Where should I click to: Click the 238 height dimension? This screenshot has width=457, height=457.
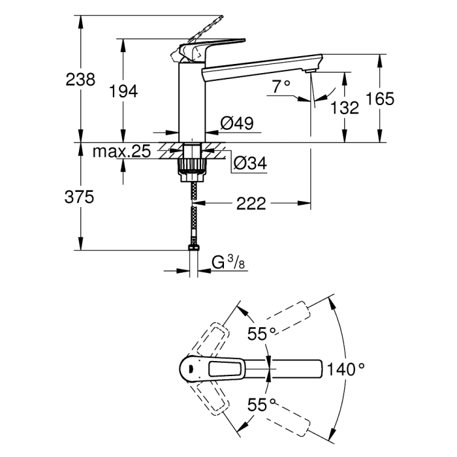click(80, 80)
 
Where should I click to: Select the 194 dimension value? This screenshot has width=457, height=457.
click(123, 91)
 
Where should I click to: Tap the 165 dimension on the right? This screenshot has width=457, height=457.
click(381, 99)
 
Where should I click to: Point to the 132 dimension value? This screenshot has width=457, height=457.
click(345, 108)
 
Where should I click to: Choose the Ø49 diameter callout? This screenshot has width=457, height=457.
click(236, 123)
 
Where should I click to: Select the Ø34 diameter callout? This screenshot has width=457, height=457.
click(250, 164)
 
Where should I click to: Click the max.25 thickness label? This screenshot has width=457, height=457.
click(121, 151)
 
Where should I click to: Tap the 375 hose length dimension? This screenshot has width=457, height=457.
click(80, 196)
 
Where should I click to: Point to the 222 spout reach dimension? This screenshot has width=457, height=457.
click(251, 204)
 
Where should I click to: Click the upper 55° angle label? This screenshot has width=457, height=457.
click(261, 334)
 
